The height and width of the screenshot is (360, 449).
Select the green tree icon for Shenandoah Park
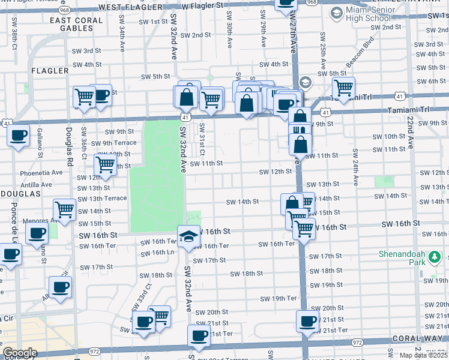(433, 258)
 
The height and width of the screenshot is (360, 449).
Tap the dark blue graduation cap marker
(188, 236)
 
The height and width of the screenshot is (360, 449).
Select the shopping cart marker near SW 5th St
(343, 88)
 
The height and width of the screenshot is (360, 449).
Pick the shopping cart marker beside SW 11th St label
(106, 164)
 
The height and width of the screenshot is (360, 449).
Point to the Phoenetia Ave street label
(41, 172)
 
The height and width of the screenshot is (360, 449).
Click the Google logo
(20, 353)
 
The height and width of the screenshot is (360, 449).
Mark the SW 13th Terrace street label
(102, 198)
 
